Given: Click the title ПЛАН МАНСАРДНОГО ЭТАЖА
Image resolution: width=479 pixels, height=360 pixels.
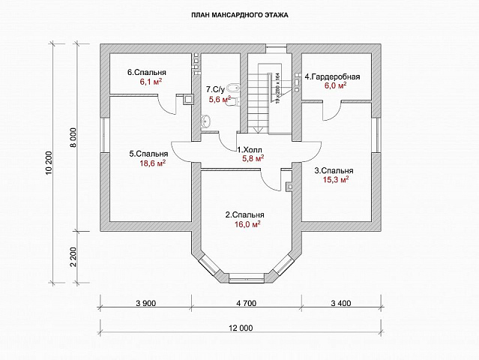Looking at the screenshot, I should pos(240,15).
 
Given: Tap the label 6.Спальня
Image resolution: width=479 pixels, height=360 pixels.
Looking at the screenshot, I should pos(146,73).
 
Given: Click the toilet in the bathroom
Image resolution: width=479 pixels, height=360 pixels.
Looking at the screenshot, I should pos(234,86).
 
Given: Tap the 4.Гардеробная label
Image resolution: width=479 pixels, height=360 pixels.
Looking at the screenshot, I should pos(333,76).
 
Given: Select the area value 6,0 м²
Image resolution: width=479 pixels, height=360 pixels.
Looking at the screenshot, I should pos(335,86).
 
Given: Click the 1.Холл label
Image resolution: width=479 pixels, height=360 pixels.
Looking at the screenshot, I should pos(250,149).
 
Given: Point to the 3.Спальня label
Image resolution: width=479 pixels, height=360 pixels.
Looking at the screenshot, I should pos(333,170).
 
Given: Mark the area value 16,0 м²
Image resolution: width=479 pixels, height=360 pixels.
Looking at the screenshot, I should pos(247,223).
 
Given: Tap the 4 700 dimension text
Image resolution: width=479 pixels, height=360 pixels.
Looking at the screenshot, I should pos(246,304).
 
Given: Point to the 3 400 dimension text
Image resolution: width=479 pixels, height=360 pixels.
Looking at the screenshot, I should pos(340,304).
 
